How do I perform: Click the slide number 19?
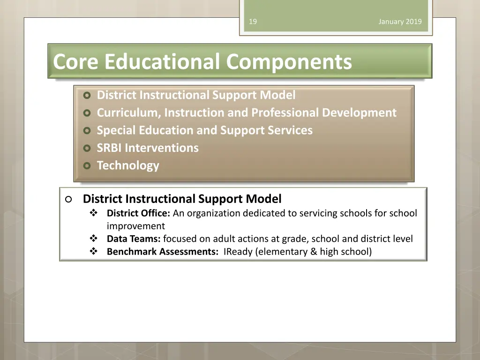point(253,22)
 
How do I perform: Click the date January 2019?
point(400,22)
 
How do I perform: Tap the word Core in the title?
point(76,61)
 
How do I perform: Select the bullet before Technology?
point(86,166)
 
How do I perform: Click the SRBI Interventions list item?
point(148,148)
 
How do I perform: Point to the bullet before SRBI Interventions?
point(86,149)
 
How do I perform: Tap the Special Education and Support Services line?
point(204,130)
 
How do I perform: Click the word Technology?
point(128,165)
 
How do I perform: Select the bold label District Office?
point(138,213)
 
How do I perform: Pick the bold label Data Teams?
point(134,239)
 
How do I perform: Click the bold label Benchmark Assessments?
point(162,252)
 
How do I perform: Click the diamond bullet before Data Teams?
point(93,239)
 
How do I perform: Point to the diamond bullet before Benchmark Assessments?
point(93,252)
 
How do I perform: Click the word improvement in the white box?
point(135,226)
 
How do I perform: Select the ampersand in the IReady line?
point(314,252)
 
